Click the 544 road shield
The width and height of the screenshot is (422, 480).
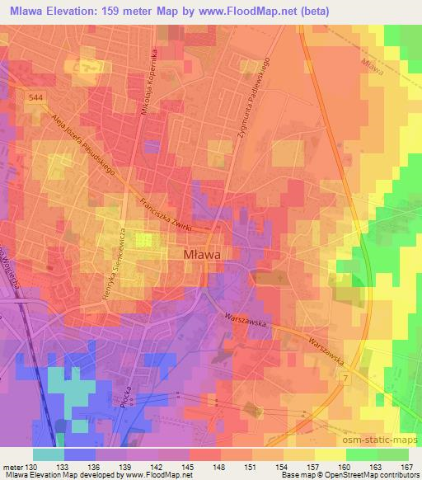click(x=35, y=96)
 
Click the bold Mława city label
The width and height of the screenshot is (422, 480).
click(x=200, y=256)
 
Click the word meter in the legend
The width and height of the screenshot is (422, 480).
click(x=14, y=466)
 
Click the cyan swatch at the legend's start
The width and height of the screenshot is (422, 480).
click(x=49, y=454)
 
